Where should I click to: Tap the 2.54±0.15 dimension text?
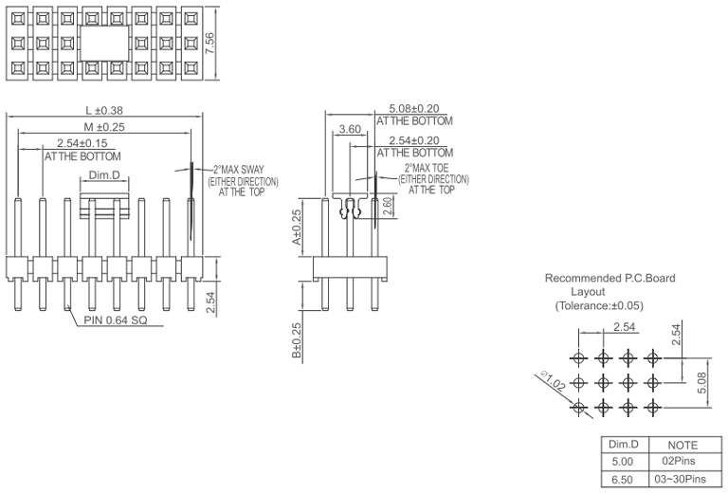coord(83,143)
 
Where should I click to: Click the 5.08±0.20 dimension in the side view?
coord(415,110)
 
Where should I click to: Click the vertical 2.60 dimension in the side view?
coord(387,206)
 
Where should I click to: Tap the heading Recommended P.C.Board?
coord(610,279)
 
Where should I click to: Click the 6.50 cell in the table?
coord(623,478)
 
